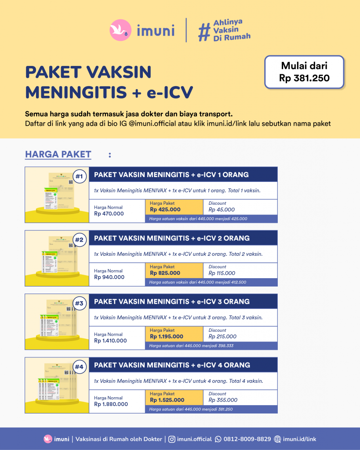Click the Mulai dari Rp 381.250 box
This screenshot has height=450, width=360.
pos(304,72)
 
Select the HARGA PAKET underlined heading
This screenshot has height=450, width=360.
pos(58,154)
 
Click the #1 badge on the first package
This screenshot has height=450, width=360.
pos(79,177)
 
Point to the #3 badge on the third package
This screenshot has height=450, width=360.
pos(79,303)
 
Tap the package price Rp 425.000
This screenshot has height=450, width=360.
pos(165,210)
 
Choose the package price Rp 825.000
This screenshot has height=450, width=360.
pos(165,273)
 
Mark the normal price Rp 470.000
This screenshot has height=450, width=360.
pos(109,214)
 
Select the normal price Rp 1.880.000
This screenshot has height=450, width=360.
pos(111,404)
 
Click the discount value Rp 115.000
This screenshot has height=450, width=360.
pos(222,273)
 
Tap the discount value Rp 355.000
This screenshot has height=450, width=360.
pos(223,400)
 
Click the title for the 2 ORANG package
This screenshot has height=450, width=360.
pos(172,238)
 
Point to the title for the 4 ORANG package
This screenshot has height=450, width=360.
pos(172,365)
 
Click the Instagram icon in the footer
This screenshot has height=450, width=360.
pos(172,439)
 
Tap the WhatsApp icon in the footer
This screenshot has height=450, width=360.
pos(218,439)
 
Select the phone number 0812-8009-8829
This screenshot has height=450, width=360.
pos(247,439)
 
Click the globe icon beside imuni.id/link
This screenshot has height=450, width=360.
pos(277,439)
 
